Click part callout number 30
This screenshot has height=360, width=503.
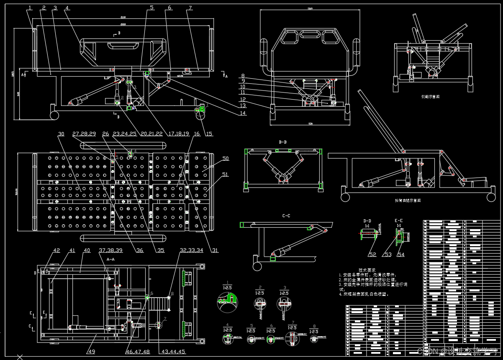(x=61, y=134)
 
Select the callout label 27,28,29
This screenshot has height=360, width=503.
(x=84, y=134)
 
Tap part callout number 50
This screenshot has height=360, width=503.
(x=226, y=159)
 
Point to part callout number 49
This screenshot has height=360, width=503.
(x=91, y=352)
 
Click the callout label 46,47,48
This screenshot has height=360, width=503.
(x=138, y=352)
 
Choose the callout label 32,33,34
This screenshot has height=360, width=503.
(x=191, y=250)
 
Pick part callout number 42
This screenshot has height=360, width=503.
(x=56, y=250)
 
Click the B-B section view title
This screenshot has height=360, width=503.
(x=283, y=142)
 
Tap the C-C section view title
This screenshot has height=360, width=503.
(x=286, y=216)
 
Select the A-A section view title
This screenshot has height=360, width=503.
(x=111, y=260)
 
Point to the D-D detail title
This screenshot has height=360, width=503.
(x=367, y=220)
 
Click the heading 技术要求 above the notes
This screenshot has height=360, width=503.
(x=367, y=270)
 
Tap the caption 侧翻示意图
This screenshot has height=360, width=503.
(x=430, y=96)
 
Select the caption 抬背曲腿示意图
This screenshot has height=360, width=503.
(x=408, y=201)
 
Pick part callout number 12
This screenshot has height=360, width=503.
(x=242, y=100)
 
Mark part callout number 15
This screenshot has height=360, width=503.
(x=209, y=134)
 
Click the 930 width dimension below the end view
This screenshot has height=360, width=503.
(x=310, y=124)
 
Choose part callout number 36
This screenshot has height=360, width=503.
(x=140, y=250)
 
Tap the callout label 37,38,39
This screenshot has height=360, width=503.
(x=110, y=250)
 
